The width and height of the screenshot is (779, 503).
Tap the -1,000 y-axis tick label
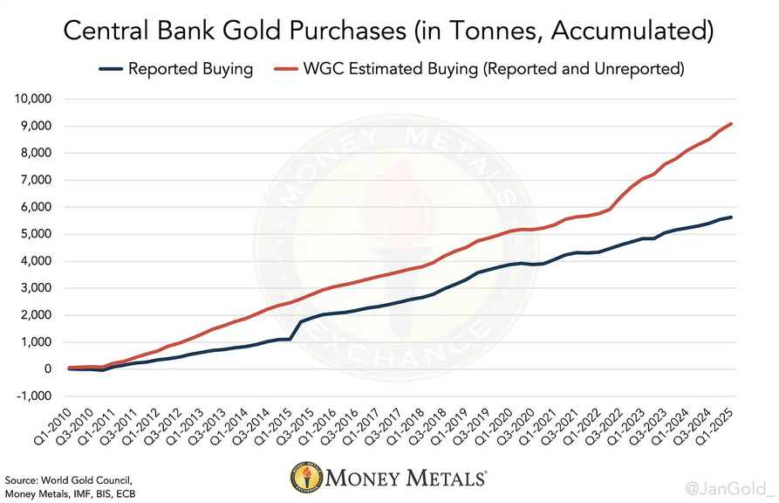click(33, 396)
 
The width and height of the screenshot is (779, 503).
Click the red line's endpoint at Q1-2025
click(731, 124)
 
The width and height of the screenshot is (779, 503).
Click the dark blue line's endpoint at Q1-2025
click(731, 217)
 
